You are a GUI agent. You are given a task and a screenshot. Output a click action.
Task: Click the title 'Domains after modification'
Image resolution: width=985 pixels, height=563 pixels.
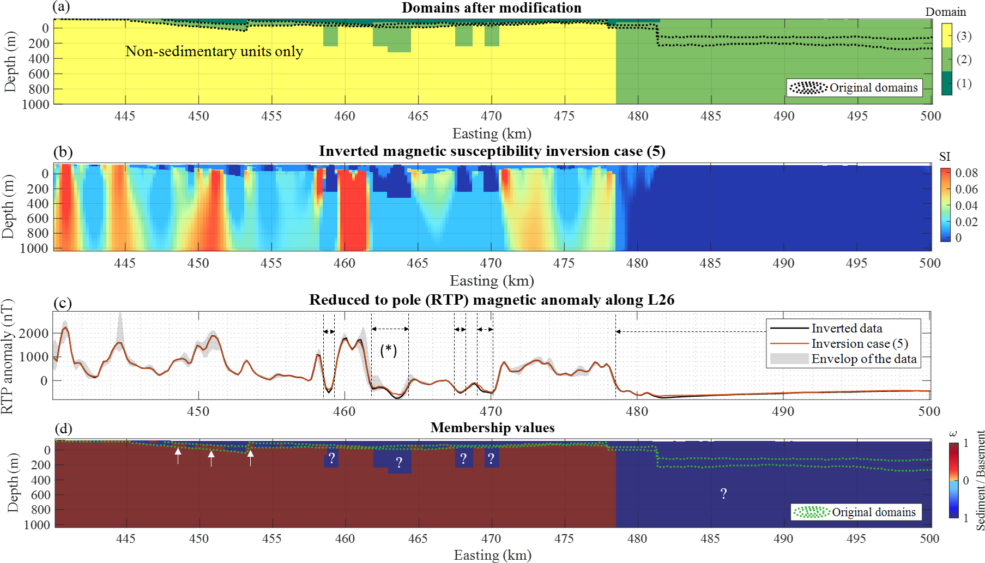pyautogui.click(x=491, y=8)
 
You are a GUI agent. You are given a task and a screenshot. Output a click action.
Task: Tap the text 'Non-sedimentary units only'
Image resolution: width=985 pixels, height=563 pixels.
pyautogui.click(x=214, y=51)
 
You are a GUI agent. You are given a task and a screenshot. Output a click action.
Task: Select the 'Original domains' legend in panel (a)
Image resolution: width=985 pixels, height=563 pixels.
pyautogui.click(x=854, y=88)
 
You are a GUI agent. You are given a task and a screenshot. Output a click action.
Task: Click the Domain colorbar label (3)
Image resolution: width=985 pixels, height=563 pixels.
pyautogui.click(x=964, y=36)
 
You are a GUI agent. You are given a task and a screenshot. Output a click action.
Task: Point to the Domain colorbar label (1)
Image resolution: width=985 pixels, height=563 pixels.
pyautogui.click(x=964, y=83)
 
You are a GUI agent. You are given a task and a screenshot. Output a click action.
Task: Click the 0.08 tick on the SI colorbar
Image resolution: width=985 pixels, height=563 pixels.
pyautogui.click(x=966, y=173)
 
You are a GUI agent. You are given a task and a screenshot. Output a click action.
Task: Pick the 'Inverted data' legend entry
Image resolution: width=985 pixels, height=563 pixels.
pyautogui.click(x=847, y=328)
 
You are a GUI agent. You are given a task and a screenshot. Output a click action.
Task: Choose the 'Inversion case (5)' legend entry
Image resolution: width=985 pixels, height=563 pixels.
pyautogui.click(x=859, y=343)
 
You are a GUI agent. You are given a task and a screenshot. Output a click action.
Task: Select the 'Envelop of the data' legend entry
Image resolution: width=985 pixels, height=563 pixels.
pyautogui.click(x=863, y=359)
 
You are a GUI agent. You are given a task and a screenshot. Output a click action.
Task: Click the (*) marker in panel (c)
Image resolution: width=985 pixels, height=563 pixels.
pyautogui.click(x=388, y=350)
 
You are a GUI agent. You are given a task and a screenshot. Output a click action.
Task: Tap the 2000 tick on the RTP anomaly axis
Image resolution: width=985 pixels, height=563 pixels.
pyautogui.click(x=34, y=333)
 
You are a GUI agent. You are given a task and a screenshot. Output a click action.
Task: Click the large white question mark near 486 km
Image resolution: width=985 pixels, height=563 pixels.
pyautogui.click(x=723, y=494)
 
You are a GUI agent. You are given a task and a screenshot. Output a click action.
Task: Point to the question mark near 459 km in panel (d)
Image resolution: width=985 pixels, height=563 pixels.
pyautogui.click(x=331, y=458)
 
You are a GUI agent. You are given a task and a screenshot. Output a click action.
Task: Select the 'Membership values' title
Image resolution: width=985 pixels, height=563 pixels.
pyautogui.click(x=492, y=428)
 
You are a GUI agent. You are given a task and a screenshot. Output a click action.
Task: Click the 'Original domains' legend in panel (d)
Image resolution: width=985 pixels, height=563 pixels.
pyautogui.click(x=856, y=512)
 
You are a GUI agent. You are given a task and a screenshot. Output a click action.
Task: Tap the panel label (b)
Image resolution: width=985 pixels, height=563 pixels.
pyautogui.click(x=63, y=152)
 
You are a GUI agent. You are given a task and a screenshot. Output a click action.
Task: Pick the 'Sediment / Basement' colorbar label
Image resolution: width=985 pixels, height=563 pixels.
pyautogui.click(x=980, y=480)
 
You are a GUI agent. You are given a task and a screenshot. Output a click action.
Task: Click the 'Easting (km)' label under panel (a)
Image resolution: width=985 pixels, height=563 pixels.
pyautogui.click(x=492, y=134)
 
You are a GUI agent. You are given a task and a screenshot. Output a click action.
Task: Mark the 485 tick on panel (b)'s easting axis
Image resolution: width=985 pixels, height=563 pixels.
pyautogui.click(x=710, y=263)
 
